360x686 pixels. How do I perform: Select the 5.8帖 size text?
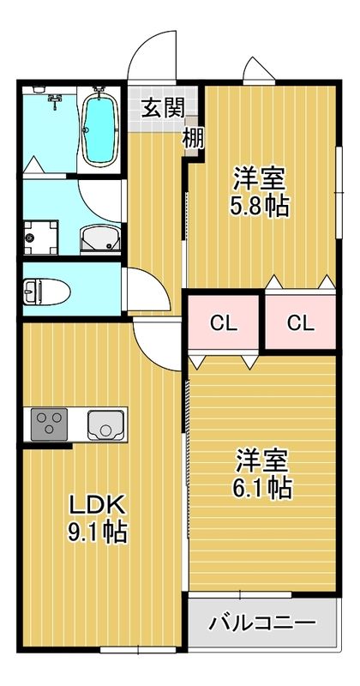(258, 207)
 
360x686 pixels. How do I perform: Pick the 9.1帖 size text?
(98, 533)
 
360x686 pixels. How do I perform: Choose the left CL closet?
(224, 323)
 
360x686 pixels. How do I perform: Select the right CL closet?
(300, 323)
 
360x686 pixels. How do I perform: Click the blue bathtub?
(100, 126)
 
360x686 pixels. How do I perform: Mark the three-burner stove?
(51, 424)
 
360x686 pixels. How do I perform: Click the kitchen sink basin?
(105, 424)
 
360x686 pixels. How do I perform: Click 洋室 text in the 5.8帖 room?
(259, 180)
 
